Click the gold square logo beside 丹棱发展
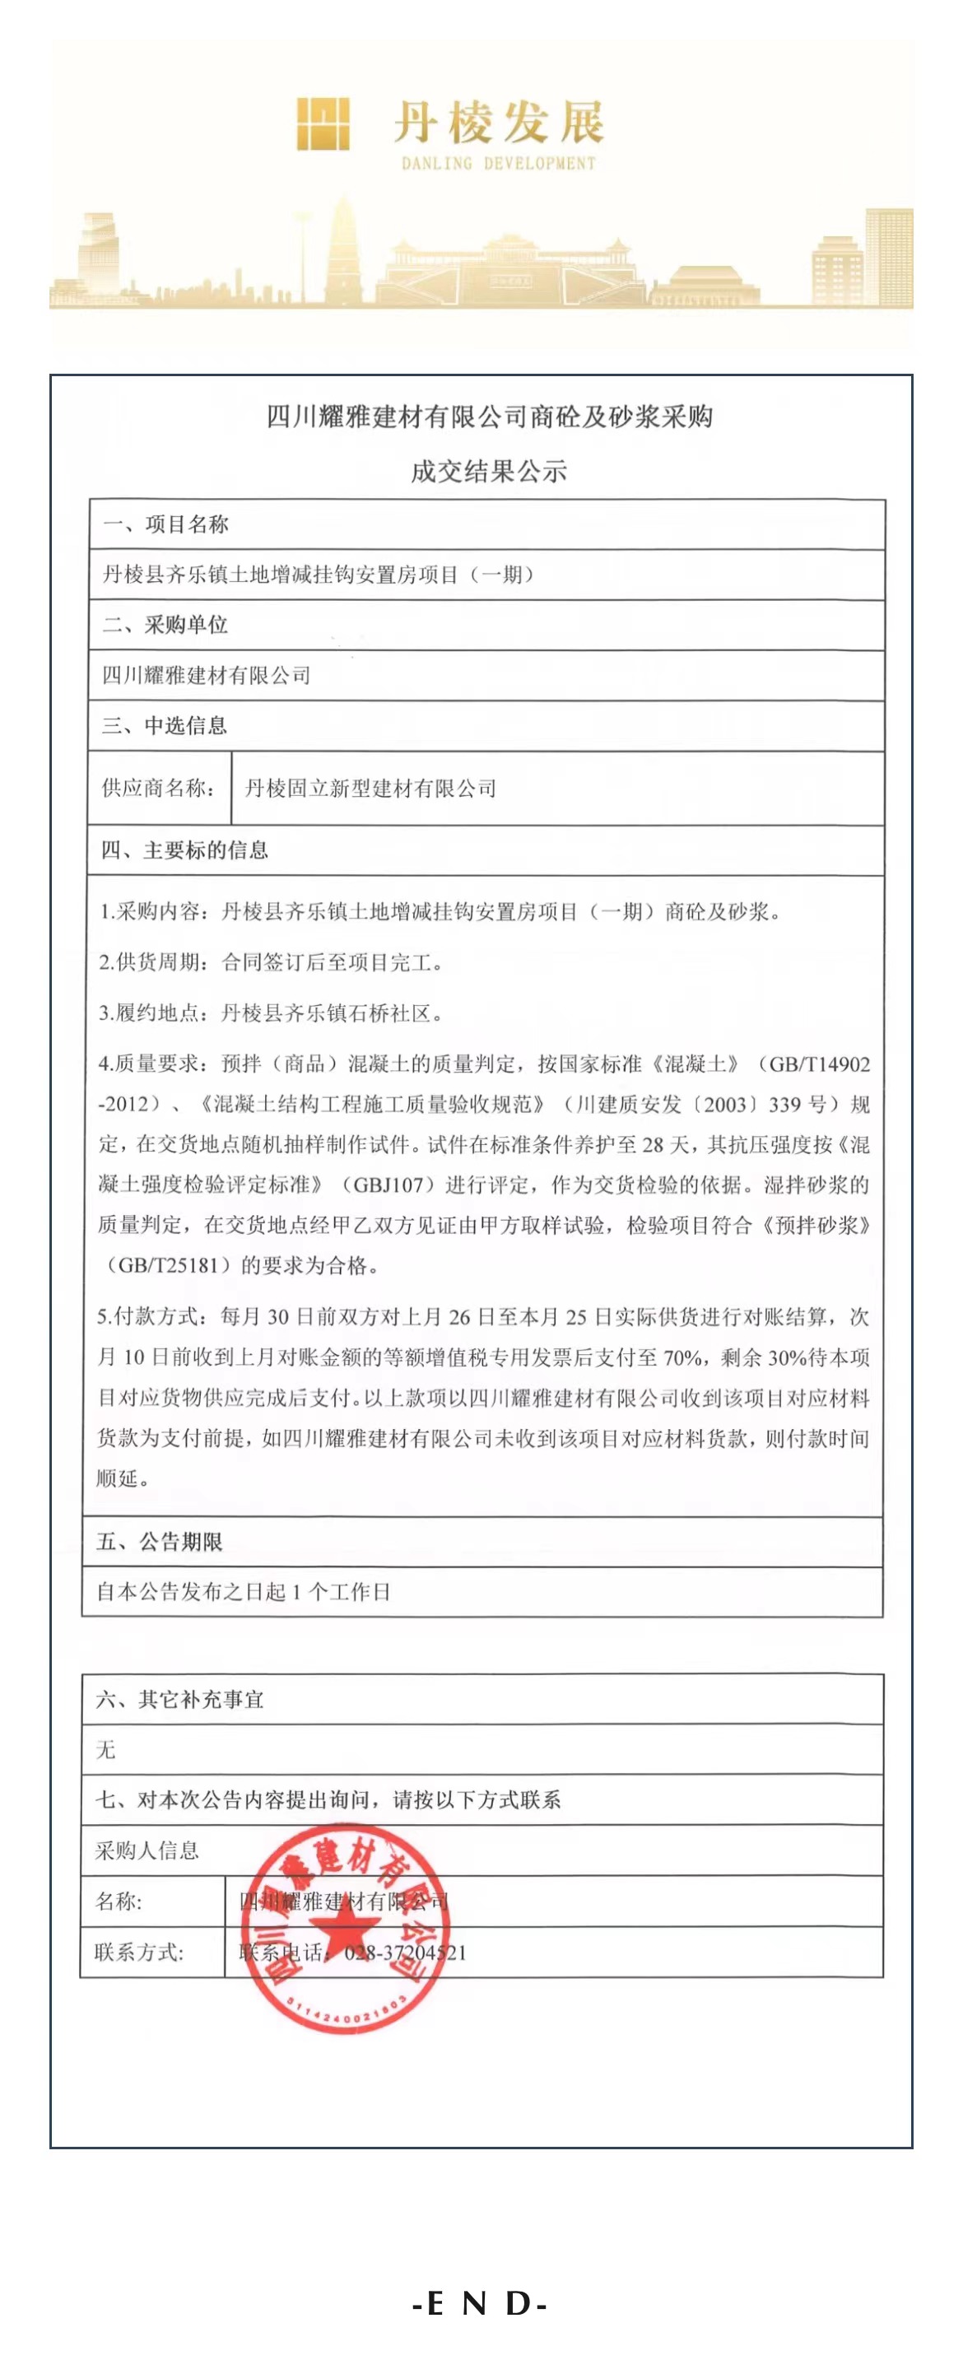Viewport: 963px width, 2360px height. (x=323, y=124)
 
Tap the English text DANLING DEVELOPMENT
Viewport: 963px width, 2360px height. (x=499, y=164)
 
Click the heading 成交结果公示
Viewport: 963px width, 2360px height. (x=488, y=472)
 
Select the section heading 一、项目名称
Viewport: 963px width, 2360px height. (x=165, y=524)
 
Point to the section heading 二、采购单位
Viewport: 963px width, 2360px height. (x=165, y=625)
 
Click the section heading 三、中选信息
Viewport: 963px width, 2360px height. (x=165, y=725)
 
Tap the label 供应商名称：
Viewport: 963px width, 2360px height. (x=160, y=788)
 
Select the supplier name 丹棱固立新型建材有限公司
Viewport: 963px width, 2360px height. (x=371, y=788)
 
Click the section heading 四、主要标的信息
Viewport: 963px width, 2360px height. (x=185, y=850)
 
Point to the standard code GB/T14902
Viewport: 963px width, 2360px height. (x=819, y=1064)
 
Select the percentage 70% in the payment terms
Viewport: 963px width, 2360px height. (x=682, y=1357)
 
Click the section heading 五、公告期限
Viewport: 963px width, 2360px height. (x=160, y=1542)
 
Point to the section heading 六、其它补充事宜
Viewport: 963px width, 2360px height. (x=180, y=1700)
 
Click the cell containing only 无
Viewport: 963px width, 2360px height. (x=107, y=1750)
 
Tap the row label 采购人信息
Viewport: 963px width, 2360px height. (x=147, y=1850)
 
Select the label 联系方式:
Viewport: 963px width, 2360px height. (x=139, y=1953)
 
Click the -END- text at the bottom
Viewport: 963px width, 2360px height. (x=479, y=2302)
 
